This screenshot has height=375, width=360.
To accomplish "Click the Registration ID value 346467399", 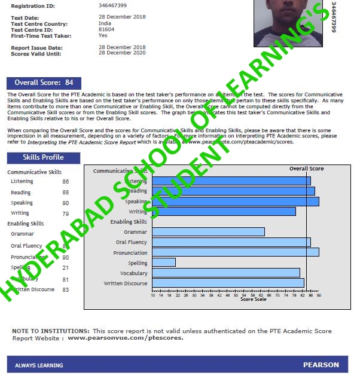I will click(x=112, y=6).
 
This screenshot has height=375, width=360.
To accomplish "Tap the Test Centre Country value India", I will click(x=104, y=24).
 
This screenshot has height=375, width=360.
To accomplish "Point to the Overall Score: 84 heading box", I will click(x=44, y=83).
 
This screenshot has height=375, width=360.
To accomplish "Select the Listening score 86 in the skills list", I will click(x=65, y=181).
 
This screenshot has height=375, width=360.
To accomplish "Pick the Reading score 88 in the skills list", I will click(x=65, y=193).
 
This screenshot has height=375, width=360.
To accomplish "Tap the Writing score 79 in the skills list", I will click(x=65, y=214).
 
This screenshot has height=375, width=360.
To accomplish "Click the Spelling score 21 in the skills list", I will click(x=65, y=267).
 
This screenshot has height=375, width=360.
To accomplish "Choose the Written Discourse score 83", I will click(x=65, y=289).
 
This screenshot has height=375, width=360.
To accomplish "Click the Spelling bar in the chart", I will click(x=164, y=262).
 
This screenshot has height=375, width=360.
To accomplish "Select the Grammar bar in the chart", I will click(x=208, y=231).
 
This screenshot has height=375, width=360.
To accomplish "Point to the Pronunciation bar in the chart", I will click(x=236, y=252).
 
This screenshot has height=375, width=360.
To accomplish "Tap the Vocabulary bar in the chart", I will click(x=226, y=273).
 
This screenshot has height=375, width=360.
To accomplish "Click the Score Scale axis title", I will click(x=253, y=299).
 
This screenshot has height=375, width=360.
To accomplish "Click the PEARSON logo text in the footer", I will click(x=321, y=364).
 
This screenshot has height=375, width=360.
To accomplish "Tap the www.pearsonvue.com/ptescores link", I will click(x=126, y=338).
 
